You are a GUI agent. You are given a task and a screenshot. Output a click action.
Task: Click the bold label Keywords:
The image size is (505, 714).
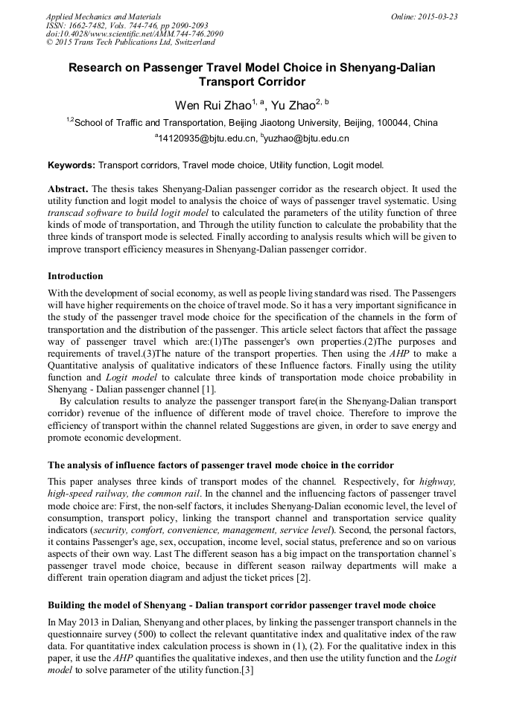(x=72, y=165)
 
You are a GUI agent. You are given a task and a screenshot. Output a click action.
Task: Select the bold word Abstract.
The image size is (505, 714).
(x=68, y=189)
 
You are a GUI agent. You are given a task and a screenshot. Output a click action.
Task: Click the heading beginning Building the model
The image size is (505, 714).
(x=241, y=604)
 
